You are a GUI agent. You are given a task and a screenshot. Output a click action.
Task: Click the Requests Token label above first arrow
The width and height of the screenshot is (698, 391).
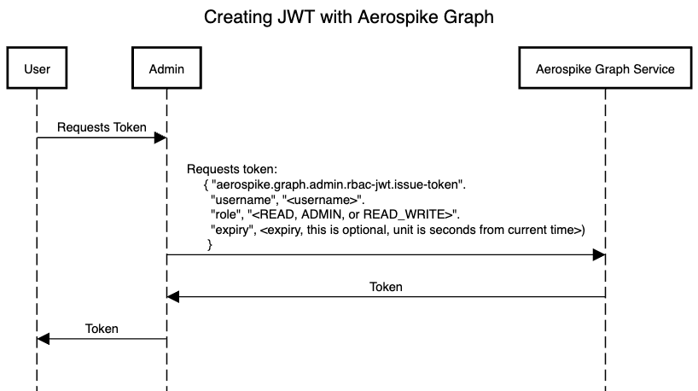pyautogui.click(x=102, y=127)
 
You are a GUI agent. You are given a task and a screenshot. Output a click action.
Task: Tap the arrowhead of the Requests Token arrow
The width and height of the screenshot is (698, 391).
pyautogui.click(x=160, y=137)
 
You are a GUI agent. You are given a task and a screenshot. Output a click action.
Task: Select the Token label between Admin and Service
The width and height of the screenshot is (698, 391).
pyautogui.click(x=386, y=287)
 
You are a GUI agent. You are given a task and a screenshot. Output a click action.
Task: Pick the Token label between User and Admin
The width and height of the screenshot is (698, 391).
pyautogui.click(x=102, y=329)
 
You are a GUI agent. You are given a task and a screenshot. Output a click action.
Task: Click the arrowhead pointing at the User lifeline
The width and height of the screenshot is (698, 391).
pyautogui.click(x=44, y=339)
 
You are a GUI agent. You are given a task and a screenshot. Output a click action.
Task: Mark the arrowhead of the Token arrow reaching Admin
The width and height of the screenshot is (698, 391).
pyautogui.click(x=173, y=297)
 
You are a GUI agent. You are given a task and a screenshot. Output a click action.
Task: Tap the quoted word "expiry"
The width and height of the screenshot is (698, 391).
pyautogui.click(x=232, y=230)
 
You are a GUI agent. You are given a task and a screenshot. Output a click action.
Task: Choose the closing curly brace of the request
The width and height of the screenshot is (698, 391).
pyautogui.click(x=210, y=244)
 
